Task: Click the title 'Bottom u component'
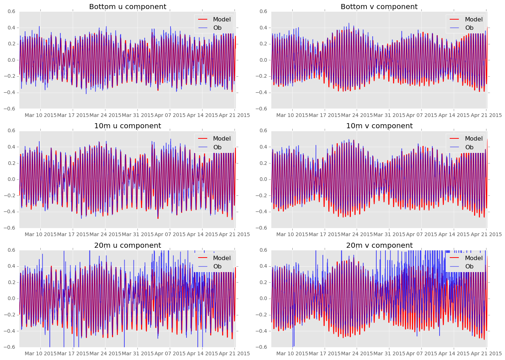pos(128,7)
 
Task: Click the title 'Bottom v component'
pos(379,7)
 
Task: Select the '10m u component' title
pos(128,126)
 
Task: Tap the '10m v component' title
pos(379,126)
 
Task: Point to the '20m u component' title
pos(128,246)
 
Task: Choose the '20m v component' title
pos(379,246)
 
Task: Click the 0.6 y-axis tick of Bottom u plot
pos(12,12)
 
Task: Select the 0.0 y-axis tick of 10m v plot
pos(264,179)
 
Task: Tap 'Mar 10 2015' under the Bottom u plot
pos(40,116)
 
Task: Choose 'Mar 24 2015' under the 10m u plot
pos(105,235)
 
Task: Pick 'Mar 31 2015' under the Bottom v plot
pos(389,116)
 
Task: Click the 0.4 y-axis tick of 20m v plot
pos(264,266)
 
